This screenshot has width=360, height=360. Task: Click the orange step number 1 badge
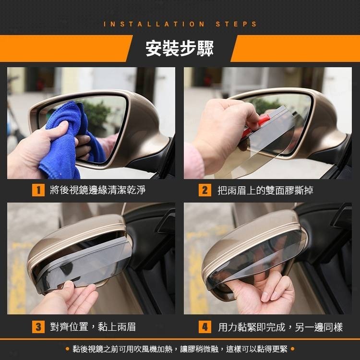click(38, 190)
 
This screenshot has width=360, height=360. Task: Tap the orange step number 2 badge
click(205, 190)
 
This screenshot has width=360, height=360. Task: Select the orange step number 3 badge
click(38, 327)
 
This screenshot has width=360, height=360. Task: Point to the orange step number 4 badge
click(205, 327)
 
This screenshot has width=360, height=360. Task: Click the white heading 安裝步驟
click(180, 48)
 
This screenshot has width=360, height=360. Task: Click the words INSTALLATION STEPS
click(180, 24)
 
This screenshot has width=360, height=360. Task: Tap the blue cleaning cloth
click(69, 140)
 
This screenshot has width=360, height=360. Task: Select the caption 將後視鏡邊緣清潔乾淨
click(97, 190)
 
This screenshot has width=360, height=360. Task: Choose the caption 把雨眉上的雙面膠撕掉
click(265, 191)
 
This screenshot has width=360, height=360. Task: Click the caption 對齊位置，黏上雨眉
click(93, 327)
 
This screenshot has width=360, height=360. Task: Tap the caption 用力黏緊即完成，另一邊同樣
click(280, 327)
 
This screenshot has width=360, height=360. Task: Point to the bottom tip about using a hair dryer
click(180, 349)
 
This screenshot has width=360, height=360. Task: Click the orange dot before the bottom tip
click(67, 349)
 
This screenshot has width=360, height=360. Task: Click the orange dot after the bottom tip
click(292, 349)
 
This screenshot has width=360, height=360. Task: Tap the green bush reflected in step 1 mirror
click(96, 115)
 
